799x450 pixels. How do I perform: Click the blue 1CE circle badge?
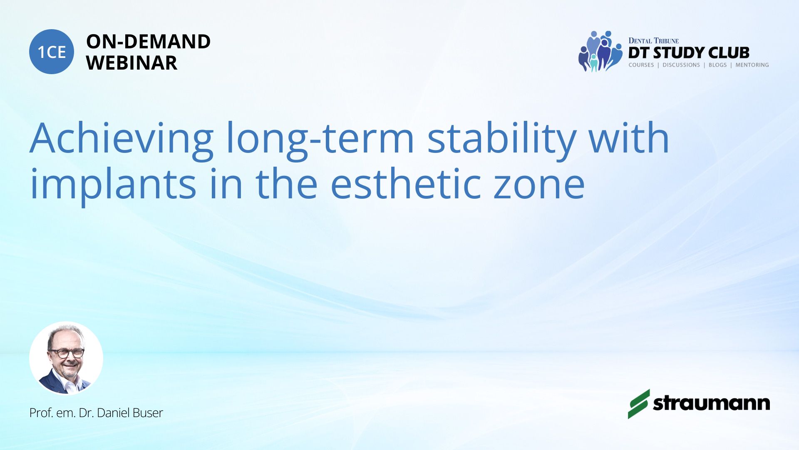pyautogui.click(x=52, y=52)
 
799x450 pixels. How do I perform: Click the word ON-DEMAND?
pyautogui.click(x=148, y=42)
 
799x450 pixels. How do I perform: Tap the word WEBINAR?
pyautogui.click(x=132, y=63)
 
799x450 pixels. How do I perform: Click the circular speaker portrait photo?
pyautogui.click(x=66, y=358)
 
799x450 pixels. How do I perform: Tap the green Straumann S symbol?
pyautogui.click(x=639, y=404)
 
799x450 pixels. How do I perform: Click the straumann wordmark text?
pyautogui.click(x=712, y=403)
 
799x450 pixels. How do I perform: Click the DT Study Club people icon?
pyautogui.click(x=600, y=51)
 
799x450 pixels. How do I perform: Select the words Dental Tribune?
pyautogui.click(x=653, y=41)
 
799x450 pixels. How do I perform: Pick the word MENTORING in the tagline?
pyautogui.click(x=752, y=65)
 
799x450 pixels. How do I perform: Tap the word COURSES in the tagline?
pyautogui.click(x=641, y=65)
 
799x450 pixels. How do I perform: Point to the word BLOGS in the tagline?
pyautogui.click(x=717, y=65)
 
